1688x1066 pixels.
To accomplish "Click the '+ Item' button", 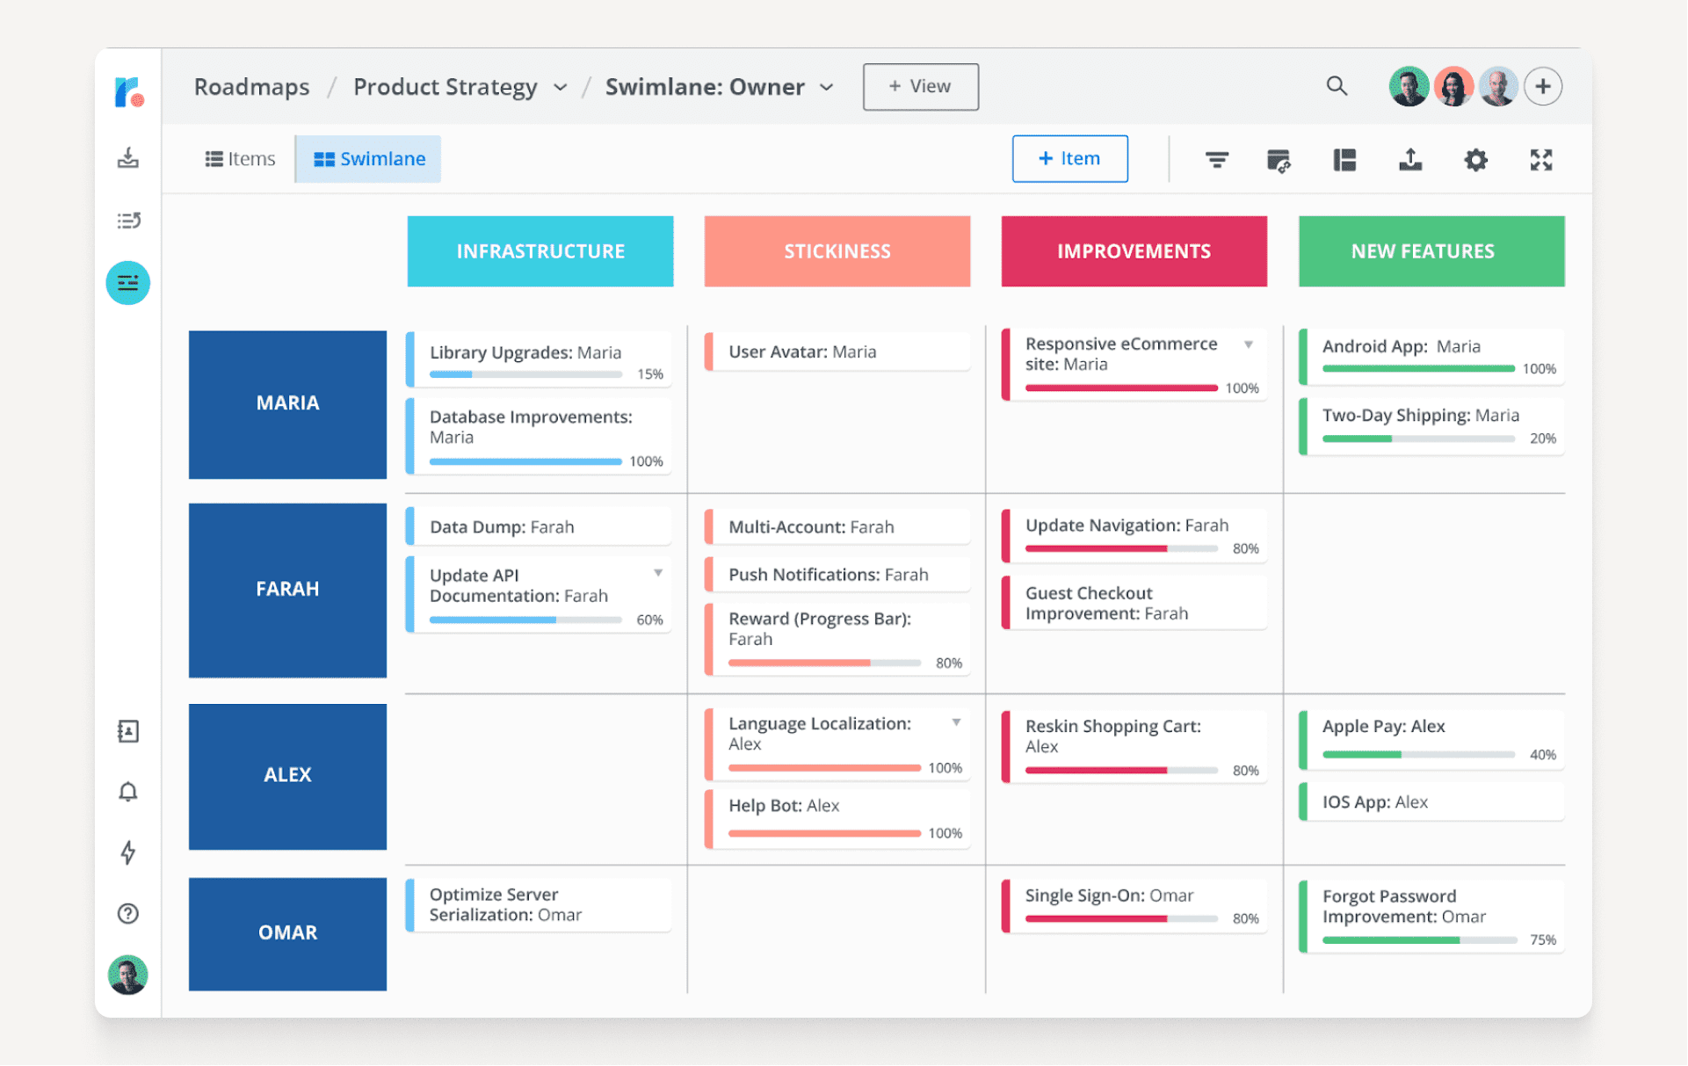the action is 1069,159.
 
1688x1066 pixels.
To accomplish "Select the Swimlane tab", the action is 369,159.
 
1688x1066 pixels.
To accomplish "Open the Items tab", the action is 240,159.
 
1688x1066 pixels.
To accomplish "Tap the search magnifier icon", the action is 1337,86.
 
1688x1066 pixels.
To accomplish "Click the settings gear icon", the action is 1475,160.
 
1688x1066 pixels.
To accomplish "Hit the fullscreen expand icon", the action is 1540,160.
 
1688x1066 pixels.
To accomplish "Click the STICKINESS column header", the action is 837,251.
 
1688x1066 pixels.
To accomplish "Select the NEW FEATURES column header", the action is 1431,251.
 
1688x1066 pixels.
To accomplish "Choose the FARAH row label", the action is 287,590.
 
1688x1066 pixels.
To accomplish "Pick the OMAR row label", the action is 287,933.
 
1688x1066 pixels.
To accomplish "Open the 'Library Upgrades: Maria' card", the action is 540,359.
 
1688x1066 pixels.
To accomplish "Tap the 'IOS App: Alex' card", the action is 1431,801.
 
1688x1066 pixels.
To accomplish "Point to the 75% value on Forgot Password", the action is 1542,940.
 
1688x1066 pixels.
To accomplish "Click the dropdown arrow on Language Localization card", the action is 956,722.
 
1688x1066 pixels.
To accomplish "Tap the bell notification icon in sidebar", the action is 128,792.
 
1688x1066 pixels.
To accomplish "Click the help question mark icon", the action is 128,914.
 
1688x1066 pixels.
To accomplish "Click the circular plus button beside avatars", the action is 1542,86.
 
